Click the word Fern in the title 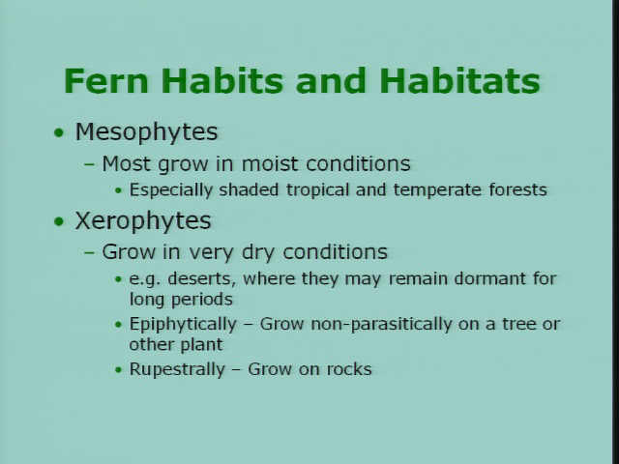click(106, 81)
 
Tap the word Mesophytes click(146, 132)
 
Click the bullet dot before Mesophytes click(59, 132)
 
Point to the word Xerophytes click(143, 221)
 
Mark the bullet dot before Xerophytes click(59, 221)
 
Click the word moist click(270, 163)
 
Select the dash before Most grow click(90, 164)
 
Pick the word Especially click(171, 190)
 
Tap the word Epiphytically click(183, 325)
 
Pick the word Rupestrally click(177, 370)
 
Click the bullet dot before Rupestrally click(118, 370)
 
